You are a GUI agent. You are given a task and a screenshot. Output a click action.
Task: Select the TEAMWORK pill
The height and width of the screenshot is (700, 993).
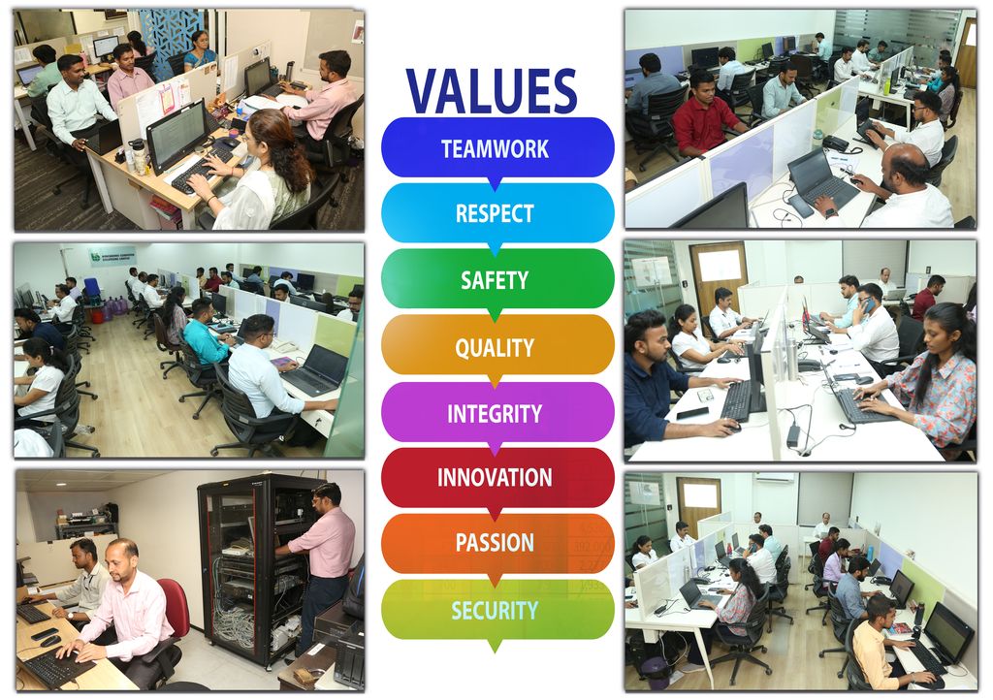497,148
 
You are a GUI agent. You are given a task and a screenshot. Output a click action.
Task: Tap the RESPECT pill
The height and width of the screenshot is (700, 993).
497,213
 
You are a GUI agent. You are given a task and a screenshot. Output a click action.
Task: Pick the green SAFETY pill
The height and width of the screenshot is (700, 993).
497,279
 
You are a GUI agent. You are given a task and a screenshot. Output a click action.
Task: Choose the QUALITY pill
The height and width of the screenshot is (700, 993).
497,345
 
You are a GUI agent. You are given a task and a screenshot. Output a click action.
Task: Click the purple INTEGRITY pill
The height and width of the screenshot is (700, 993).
497,412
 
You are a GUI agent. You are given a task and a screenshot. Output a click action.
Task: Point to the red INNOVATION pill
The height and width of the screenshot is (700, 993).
497,477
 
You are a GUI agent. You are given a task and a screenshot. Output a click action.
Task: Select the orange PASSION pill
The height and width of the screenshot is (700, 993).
497,543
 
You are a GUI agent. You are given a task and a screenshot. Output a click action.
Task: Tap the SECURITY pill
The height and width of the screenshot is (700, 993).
497,610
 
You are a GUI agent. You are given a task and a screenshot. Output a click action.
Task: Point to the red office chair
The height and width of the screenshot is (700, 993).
177,609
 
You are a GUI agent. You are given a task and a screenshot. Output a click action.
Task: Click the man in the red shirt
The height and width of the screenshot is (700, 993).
704,114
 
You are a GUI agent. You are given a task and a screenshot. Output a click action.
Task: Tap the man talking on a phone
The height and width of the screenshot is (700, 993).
871,323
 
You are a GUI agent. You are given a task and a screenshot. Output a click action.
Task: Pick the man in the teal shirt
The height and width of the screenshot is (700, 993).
204,334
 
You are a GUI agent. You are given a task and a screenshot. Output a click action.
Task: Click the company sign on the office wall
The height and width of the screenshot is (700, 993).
112,256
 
